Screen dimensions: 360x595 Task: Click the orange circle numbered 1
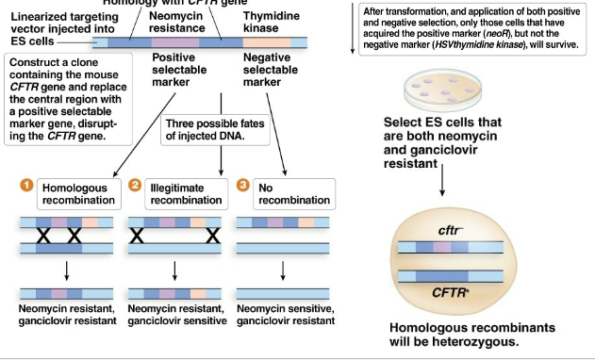(x=26, y=186)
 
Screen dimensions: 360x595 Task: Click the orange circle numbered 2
(x=136, y=186)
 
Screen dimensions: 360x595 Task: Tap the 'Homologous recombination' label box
(x=75, y=193)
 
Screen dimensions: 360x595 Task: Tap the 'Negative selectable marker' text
(x=272, y=70)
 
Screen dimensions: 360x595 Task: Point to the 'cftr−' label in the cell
(x=450, y=229)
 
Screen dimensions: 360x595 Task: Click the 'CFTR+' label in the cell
(x=450, y=294)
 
